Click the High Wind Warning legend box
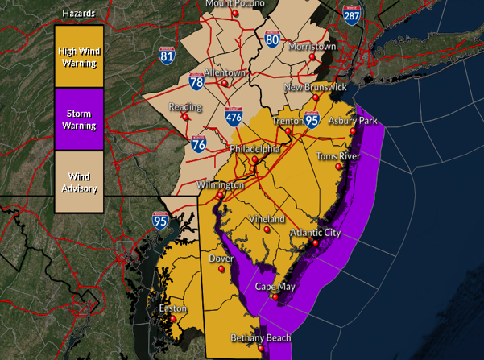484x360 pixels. coord(79,56)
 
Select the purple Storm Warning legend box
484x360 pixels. coord(79,119)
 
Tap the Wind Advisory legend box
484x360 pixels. coord(79,183)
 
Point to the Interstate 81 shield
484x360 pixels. coord(168,56)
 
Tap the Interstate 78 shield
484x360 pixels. coord(196,81)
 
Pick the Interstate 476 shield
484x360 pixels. coord(234,116)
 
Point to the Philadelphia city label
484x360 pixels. coord(254,150)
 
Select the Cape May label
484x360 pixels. coord(275,287)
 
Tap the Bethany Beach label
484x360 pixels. coord(260,338)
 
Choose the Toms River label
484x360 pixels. coord(337,156)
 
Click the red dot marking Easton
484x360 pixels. coord(172,319)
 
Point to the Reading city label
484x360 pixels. coord(184,107)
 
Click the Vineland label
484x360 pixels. coord(267,219)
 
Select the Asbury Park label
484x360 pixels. coord(352,121)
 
